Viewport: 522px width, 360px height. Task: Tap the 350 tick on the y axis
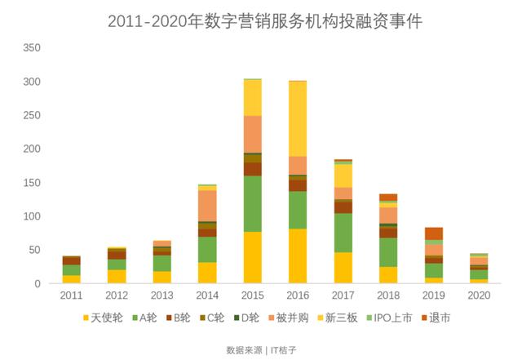(x=32, y=48)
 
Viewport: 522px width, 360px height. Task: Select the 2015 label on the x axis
(x=253, y=295)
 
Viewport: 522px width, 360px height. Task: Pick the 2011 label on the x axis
(x=72, y=295)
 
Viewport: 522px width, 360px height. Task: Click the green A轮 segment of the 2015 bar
(x=253, y=203)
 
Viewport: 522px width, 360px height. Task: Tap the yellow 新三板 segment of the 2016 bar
(x=298, y=118)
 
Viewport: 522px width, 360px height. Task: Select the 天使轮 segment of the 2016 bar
(x=298, y=256)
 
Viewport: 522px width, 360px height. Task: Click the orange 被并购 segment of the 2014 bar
(x=207, y=205)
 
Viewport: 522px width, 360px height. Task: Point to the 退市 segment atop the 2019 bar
(x=433, y=233)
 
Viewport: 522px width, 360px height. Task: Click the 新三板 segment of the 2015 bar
(x=253, y=97)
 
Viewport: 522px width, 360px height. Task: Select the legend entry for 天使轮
(x=104, y=318)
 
